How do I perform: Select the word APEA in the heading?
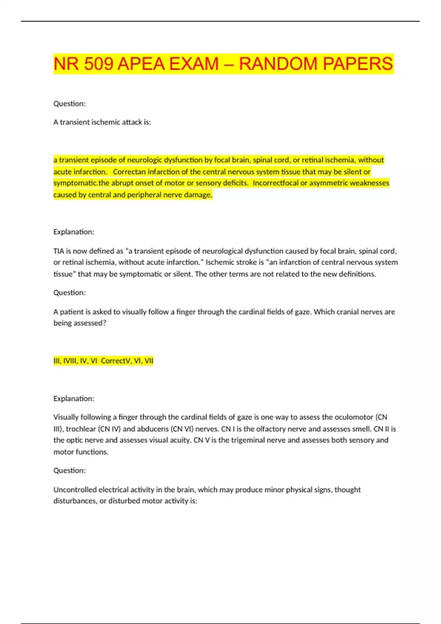(x=141, y=64)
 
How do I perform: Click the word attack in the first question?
(x=132, y=122)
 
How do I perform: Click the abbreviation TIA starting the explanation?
(x=59, y=251)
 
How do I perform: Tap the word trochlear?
(x=81, y=429)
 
